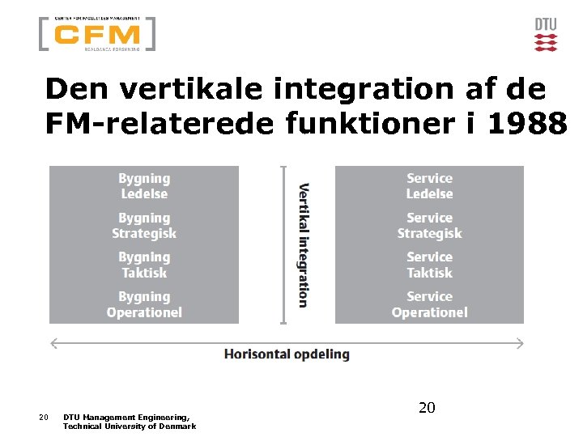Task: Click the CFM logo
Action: click(x=96, y=34)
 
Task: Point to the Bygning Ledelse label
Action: click(x=144, y=186)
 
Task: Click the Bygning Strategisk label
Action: click(x=144, y=226)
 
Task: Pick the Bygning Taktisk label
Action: click(x=144, y=265)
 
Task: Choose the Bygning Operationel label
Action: click(x=144, y=304)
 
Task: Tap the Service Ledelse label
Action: click(x=429, y=186)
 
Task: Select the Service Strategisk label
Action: click(x=429, y=226)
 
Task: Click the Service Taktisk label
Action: click(x=429, y=265)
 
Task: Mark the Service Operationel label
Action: click(x=429, y=304)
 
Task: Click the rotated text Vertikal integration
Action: click(x=303, y=245)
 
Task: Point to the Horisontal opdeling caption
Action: click(x=287, y=354)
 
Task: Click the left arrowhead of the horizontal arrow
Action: click(x=53, y=344)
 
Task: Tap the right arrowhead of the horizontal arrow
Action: click(x=521, y=344)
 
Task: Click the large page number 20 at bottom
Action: click(x=427, y=408)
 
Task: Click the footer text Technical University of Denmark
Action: click(x=130, y=426)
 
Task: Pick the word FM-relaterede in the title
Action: click(x=161, y=123)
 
